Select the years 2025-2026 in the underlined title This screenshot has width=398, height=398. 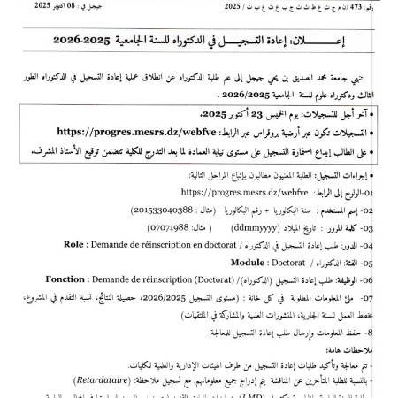(85, 40)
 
